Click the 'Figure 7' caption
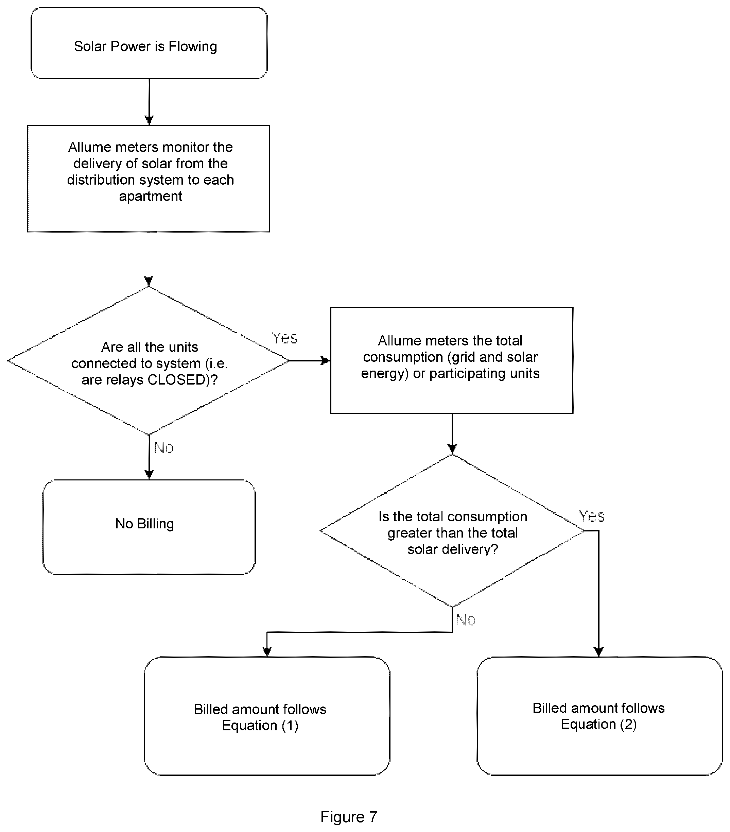click(x=349, y=817)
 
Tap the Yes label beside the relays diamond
click(x=285, y=338)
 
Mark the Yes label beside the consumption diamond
click(x=592, y=516)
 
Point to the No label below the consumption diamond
click(x=466, y=620)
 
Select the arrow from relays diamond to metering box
click(x=310, y=360)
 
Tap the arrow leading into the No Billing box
click(x=149, y=457)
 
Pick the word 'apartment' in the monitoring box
click(x=151, y=196)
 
